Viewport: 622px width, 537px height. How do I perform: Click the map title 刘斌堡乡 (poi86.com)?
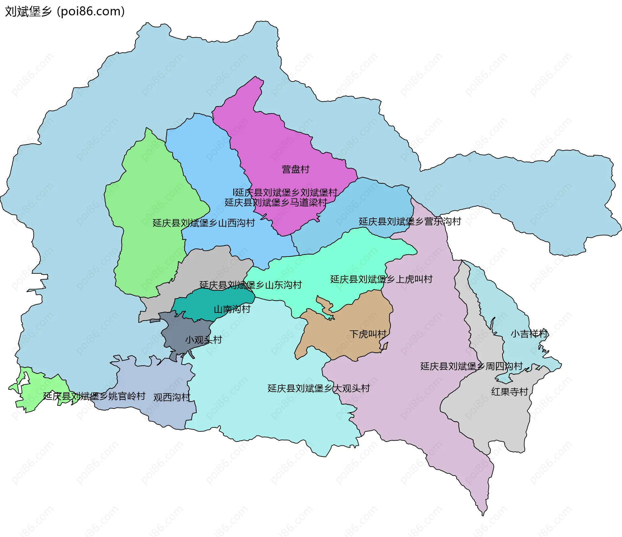[x=65, y=12]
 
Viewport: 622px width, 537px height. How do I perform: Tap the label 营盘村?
[x=295, y=169]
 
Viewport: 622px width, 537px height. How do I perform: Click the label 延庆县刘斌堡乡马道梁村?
[x=276, y=203]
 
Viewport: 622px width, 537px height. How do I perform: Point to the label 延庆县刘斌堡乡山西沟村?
[x=203, y=223]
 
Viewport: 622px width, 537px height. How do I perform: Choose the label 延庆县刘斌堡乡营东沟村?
[x=410, y=222]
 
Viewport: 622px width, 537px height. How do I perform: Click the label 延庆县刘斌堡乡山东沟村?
[x=250, y=285]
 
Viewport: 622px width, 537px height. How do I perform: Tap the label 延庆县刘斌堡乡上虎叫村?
[x=381, y=279]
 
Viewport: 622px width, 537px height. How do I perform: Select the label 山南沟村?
[x=232, y=309]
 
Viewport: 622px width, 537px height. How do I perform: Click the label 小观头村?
[x=203, y=340]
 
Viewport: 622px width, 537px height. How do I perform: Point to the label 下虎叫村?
[x=368, y=334]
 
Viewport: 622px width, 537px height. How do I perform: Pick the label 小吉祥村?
[x=529, y=334]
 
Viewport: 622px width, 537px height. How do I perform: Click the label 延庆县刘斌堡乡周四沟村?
[x=471, y=366]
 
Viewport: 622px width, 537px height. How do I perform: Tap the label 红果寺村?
[x=510, y=392]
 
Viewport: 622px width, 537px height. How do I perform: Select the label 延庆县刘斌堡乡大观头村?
[x=318, y=388]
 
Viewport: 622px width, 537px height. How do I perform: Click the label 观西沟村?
[x=172, y=397]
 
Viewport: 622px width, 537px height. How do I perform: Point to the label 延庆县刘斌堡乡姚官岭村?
[x=94, y=396]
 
